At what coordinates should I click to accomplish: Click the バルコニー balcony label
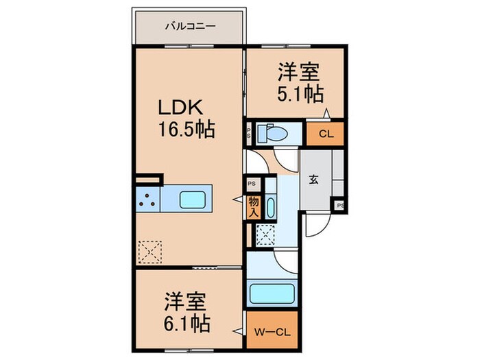coord(190,27)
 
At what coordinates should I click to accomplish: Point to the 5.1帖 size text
coord(300,94)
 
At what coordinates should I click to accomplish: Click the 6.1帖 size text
coord(187,320)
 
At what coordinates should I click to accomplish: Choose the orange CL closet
coord(326,134)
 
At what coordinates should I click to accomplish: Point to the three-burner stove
coord(147,200)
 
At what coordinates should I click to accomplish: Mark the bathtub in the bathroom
coord(274,293)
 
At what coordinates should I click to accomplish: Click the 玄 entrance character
coord(313,180)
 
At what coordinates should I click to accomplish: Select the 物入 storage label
coord(253,206)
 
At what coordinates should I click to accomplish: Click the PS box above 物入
coord(252,184)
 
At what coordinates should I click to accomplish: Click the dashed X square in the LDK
coord(150,250)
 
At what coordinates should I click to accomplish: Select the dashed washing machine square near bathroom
coord(265,235)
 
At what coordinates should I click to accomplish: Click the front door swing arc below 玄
coord(317,223)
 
